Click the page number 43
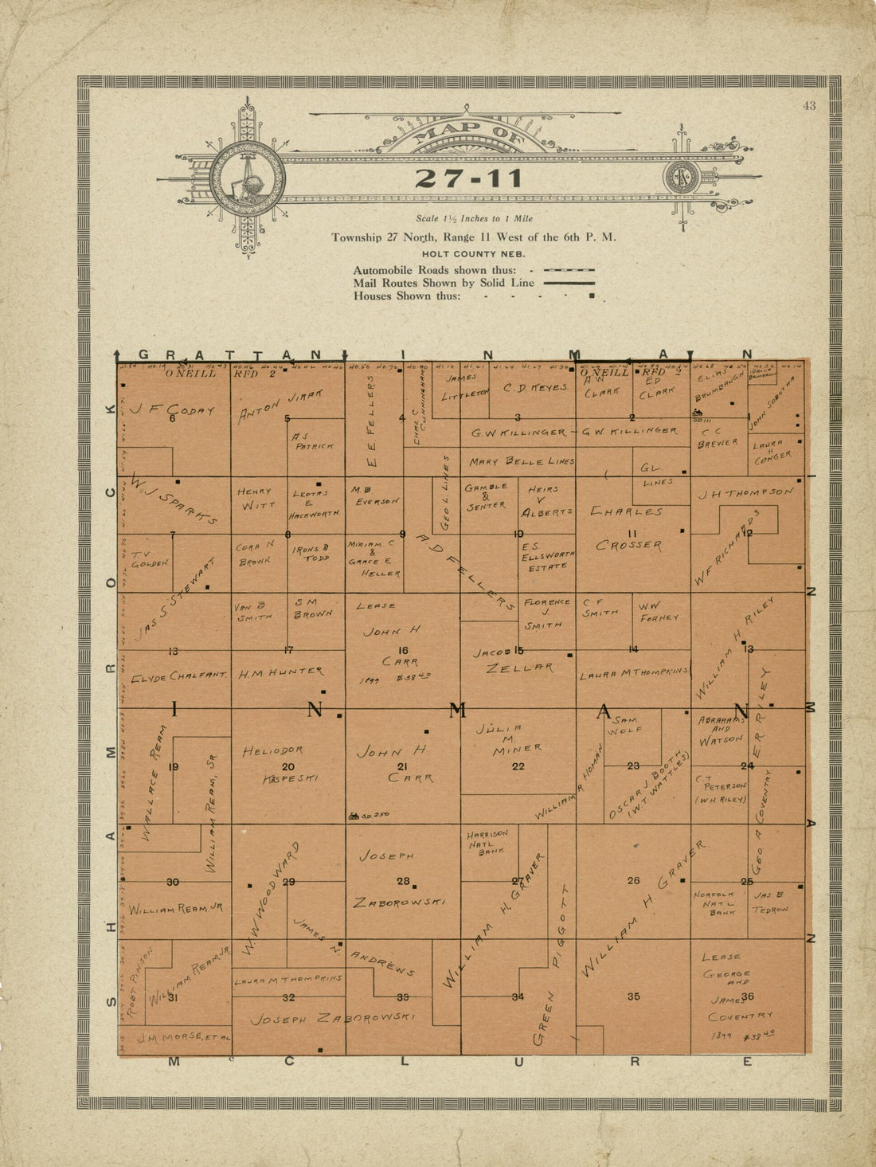[809, 106]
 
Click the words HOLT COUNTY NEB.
[473, 253]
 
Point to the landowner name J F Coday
[174, 410]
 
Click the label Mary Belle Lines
[518, 461]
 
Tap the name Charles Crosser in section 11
[628, 528]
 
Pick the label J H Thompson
[746, 493]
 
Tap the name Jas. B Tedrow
[771, 902]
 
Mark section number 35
[633, 996]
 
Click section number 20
[288, 767]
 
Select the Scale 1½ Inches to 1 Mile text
[474, 218]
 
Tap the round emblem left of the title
[248, 179]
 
